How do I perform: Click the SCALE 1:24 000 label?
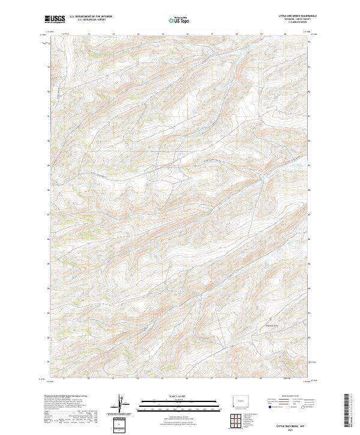coord(179,394)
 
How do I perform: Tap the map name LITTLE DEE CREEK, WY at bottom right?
coord(292,424)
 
